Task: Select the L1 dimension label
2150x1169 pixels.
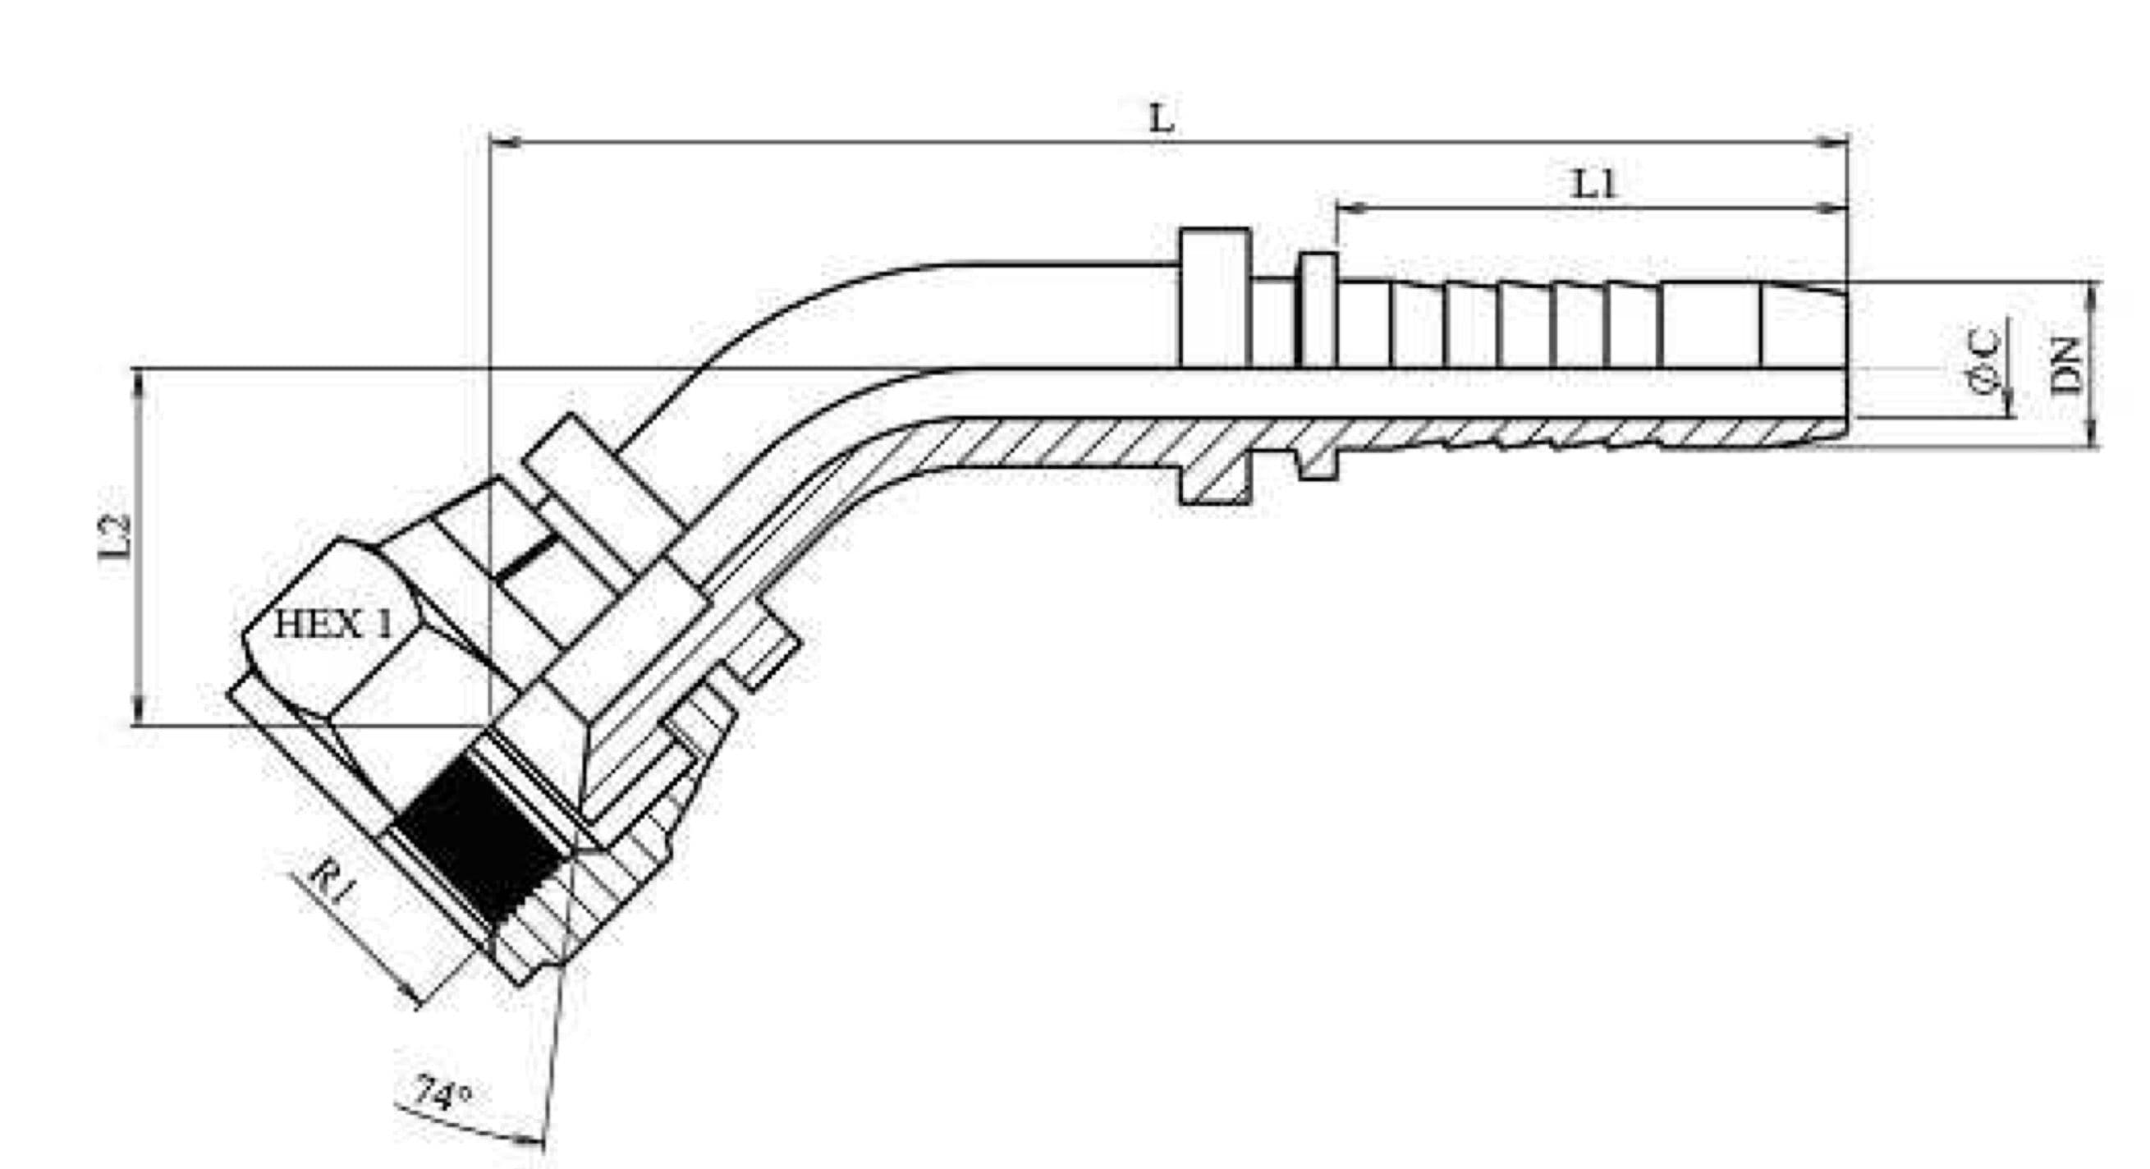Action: tap(1594, 185)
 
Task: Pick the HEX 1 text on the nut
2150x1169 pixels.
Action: tap(333, 624)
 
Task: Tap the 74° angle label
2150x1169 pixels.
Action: tap(442, 1093)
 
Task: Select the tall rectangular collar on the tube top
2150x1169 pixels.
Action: tap(1214, 296)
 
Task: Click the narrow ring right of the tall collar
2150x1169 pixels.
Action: tap(1318, 308)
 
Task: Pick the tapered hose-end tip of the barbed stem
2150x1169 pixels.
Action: tap(1803, 325)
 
